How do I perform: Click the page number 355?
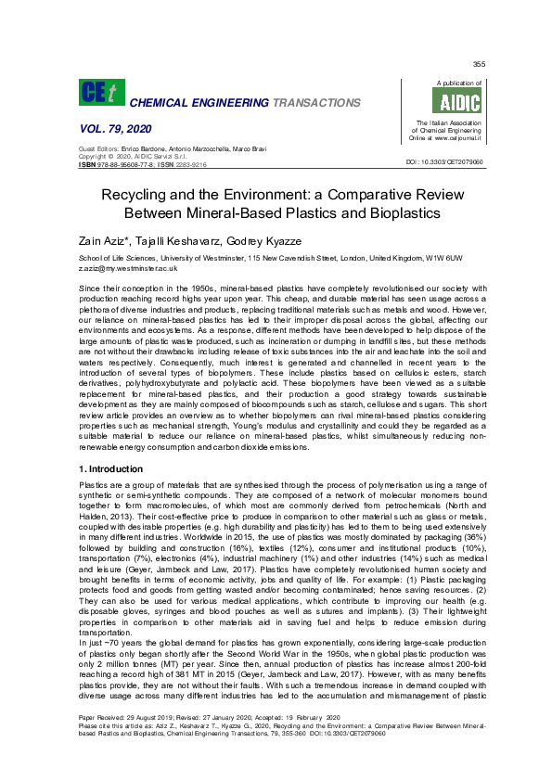click(x=479, y=64)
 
